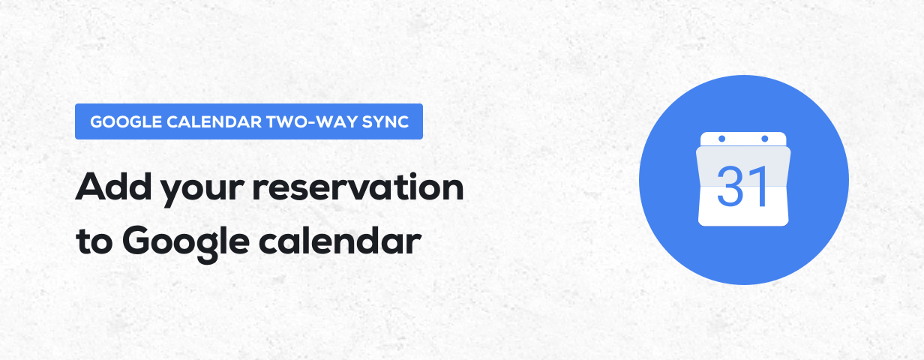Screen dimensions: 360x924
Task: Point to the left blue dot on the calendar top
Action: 721,139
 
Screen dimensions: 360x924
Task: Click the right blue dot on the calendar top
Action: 765,139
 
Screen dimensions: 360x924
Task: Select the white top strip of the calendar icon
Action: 743,140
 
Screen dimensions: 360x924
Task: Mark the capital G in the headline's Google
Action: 136,240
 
